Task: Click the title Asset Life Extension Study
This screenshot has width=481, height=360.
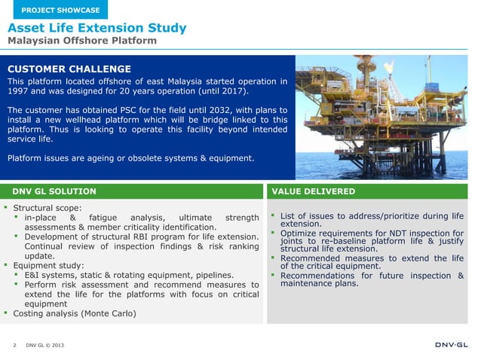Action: [x=97, y=29]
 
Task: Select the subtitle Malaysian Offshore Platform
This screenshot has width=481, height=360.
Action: [x=82, y=41]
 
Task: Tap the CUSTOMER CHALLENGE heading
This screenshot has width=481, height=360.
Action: [x=69, y=69]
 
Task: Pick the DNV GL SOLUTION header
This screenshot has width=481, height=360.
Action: [x=54, y=191]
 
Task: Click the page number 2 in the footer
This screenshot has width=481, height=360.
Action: [x=14, y=346]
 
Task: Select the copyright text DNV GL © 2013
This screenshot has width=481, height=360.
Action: [x=46, y=346]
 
